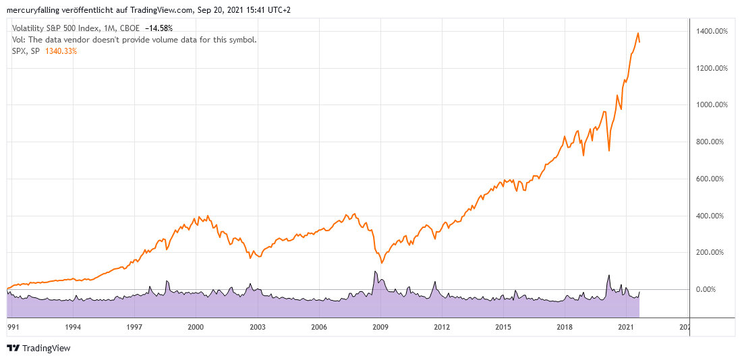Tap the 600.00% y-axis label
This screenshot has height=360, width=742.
[712, 179]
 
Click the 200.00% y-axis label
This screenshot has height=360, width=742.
[712, 252]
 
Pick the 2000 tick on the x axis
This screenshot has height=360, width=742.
[196, 327]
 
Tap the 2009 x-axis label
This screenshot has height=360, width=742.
[380, 327]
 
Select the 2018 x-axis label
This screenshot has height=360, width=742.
[565, 327]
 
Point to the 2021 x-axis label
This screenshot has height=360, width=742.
[626, 327]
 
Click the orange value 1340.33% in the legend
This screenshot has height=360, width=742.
[61, 51]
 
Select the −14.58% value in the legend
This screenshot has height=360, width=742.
[159, 28]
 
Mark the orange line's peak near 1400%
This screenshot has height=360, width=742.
[638, 33]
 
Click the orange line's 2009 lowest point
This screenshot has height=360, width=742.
[381, 263]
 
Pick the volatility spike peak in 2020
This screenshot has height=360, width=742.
[608, 275]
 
